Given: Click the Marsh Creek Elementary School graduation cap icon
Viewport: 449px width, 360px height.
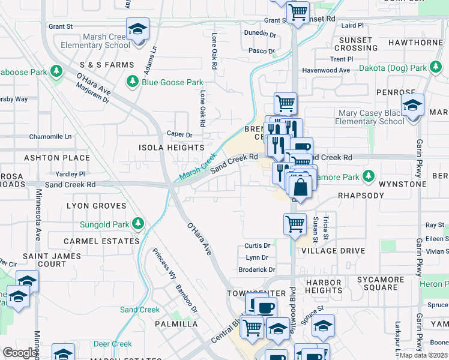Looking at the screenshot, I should click(137, 29).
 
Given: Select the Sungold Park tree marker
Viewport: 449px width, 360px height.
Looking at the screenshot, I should click(138, 224).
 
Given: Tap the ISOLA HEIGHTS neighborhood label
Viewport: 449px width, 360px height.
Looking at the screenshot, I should click(172, 148).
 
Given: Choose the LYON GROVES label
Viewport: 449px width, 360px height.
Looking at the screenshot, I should click(97, 206).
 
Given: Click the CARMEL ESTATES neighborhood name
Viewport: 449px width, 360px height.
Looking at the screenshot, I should click(101, 241).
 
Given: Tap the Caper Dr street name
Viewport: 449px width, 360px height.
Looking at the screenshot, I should click(179, 135).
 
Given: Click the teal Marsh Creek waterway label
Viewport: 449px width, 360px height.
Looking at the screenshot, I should click(197, 166).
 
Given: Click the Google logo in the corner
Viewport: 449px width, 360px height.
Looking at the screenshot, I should click(20, 353).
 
